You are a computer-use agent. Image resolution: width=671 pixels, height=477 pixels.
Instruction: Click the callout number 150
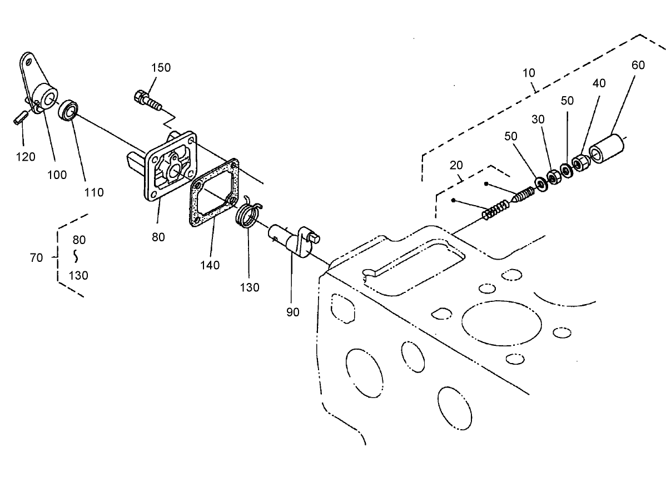[x=161, y=67]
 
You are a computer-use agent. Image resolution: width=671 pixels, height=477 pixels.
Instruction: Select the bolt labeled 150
[x=147, y=100]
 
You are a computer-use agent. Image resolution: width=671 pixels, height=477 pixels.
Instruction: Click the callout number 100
[x=57, y=175]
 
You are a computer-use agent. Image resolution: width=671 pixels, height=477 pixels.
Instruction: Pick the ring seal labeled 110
[x=68, y=110]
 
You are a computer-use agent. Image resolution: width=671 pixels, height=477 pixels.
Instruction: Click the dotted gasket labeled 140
[x=215, y=192]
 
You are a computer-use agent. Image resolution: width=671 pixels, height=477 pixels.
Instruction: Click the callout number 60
[x=638, y=65]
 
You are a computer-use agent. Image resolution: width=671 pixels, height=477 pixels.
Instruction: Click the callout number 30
[x=538, y=119]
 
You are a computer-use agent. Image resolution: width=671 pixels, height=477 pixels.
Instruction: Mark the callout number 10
[x=529, y=73]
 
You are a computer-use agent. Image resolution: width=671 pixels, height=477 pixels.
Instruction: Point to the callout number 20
[x=456, y=166]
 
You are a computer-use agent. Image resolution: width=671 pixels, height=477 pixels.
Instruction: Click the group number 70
[x=36, y=257]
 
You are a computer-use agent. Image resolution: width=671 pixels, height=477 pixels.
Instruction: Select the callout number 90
[x=292, y=312]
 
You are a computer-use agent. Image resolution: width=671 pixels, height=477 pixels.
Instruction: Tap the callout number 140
[x=210, y=265]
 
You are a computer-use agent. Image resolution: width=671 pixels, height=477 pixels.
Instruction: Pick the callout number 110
[x=94, y=192]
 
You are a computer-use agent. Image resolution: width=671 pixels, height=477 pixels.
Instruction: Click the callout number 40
[x=583, y=83]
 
